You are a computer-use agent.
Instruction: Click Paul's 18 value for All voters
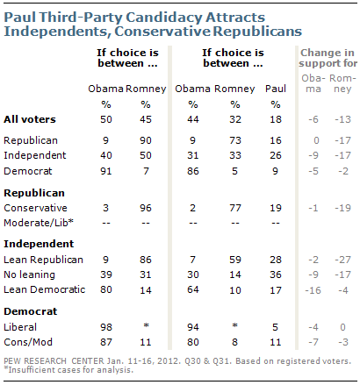pyautogui.click(x=276, y=119)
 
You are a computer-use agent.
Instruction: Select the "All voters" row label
pyautogui.click(x=30, y=119)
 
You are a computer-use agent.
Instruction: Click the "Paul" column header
pyautogui.click(x=276, y=89)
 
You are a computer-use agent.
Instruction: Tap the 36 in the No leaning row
pyautogui.click(x=276, y=274)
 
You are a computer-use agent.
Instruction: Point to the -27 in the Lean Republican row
pyautogui.click(x=342, y=260)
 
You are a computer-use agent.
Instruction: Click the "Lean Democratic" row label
pyautogui.click(x=45, y=289)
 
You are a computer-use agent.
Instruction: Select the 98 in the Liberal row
pyautogui.click(x=106, y=327)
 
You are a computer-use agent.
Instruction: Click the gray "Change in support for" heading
pyautogui.click(x=328, y=58)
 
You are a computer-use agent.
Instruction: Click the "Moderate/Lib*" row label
pyautogui.click(x=39, y=223)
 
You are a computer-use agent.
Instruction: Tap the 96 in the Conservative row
pyautogui.click(x=146, y=208)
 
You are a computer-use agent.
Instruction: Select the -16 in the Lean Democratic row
pyautogui.click(x=313, y=290)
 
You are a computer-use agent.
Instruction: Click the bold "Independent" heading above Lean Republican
pyautogui.click(x=39, y=244)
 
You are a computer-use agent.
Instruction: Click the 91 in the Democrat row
pyautogui.click(x=106, y=171)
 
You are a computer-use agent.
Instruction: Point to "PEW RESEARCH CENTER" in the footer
pyautogui.click(x=54, y=361)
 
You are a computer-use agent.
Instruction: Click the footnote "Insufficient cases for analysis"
pyautogui.click(x=70, y=370)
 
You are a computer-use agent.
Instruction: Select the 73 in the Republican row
pyautogui.click(x=235, y=140)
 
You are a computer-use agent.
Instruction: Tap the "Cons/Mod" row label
pyautogui.click(x=28, y=342)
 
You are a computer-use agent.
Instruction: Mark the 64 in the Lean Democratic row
pyautogui.click(x=193, y=289)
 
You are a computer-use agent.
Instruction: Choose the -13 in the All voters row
pyautogui.click(x=342, y=119)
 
